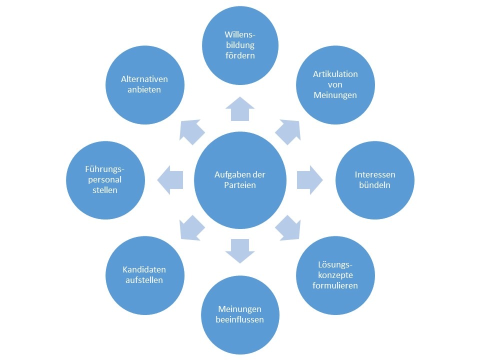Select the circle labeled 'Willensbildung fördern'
click(x=240, y=45)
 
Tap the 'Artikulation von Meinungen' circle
click(x=335, y=85)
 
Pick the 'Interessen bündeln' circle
click(x=375, y=180)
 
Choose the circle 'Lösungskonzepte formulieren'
click(x=335, y=275)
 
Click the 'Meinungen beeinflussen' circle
click(x=240, y=314)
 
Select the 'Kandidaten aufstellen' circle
click(x=145, y=275)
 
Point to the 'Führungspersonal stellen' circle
click(x=105, y=180)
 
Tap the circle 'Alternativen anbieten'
click(x=145, y=85)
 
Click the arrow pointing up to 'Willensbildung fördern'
click(x=240, y=108)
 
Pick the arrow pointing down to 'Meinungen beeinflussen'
click(x=240, y=250)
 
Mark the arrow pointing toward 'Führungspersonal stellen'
click(x=170, y=180)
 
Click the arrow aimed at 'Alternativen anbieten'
click(x=191, y=131)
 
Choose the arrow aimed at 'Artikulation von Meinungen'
click(x=288, y=131)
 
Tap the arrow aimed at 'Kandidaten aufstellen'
click(x=191, y=228)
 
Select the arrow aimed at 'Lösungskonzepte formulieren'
click(x=288, y=228)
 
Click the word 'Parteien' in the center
click(x=240, y=185)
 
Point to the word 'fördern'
click(x=240, y=55)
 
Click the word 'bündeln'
click(x=375, y=185)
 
